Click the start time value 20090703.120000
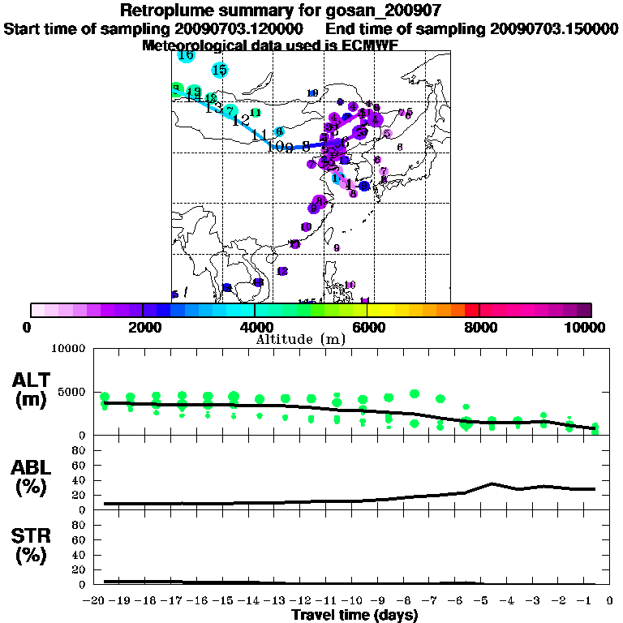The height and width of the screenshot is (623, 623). tap(241, 29)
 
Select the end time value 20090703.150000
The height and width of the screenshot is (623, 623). tap(554, 29)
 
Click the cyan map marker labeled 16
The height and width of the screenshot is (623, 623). tap(186, 54)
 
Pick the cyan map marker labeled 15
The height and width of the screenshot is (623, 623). tap(219, 71)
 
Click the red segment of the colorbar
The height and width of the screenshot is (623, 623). tap(471, 309)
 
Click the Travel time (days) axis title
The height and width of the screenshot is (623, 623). tap(354, 615)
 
